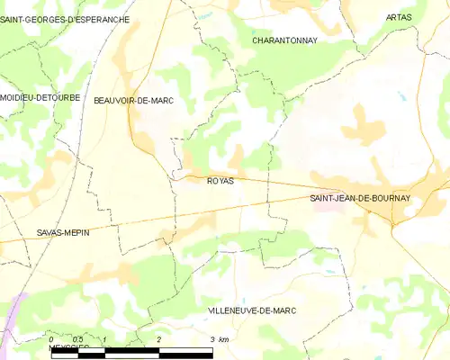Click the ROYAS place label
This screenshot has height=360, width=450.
tap(220, 181)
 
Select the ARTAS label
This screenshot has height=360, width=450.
tap(399, 17)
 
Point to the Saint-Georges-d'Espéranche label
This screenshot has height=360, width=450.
tap(65, 19)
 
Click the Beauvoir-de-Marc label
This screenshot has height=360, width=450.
tap(133, 101)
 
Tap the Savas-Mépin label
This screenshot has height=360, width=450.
tap(63, 232)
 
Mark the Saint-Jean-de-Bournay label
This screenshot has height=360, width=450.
tap(360, 198)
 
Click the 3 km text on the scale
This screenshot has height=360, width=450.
tap(219, 339)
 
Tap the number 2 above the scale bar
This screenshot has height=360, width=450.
tap(158, 339)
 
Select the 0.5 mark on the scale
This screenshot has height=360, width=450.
tap(78, 339)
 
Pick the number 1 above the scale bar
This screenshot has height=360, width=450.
tap(105, 339)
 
